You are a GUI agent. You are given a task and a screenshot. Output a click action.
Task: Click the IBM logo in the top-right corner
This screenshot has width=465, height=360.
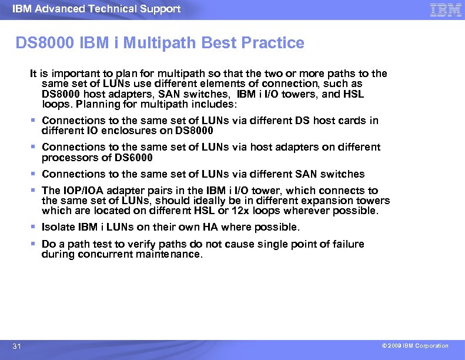(446, 9)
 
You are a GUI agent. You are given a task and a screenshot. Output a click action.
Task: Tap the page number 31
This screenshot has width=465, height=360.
(17, 346)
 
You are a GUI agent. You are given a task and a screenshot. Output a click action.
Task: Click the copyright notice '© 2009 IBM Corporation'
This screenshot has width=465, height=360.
(414, 346)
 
